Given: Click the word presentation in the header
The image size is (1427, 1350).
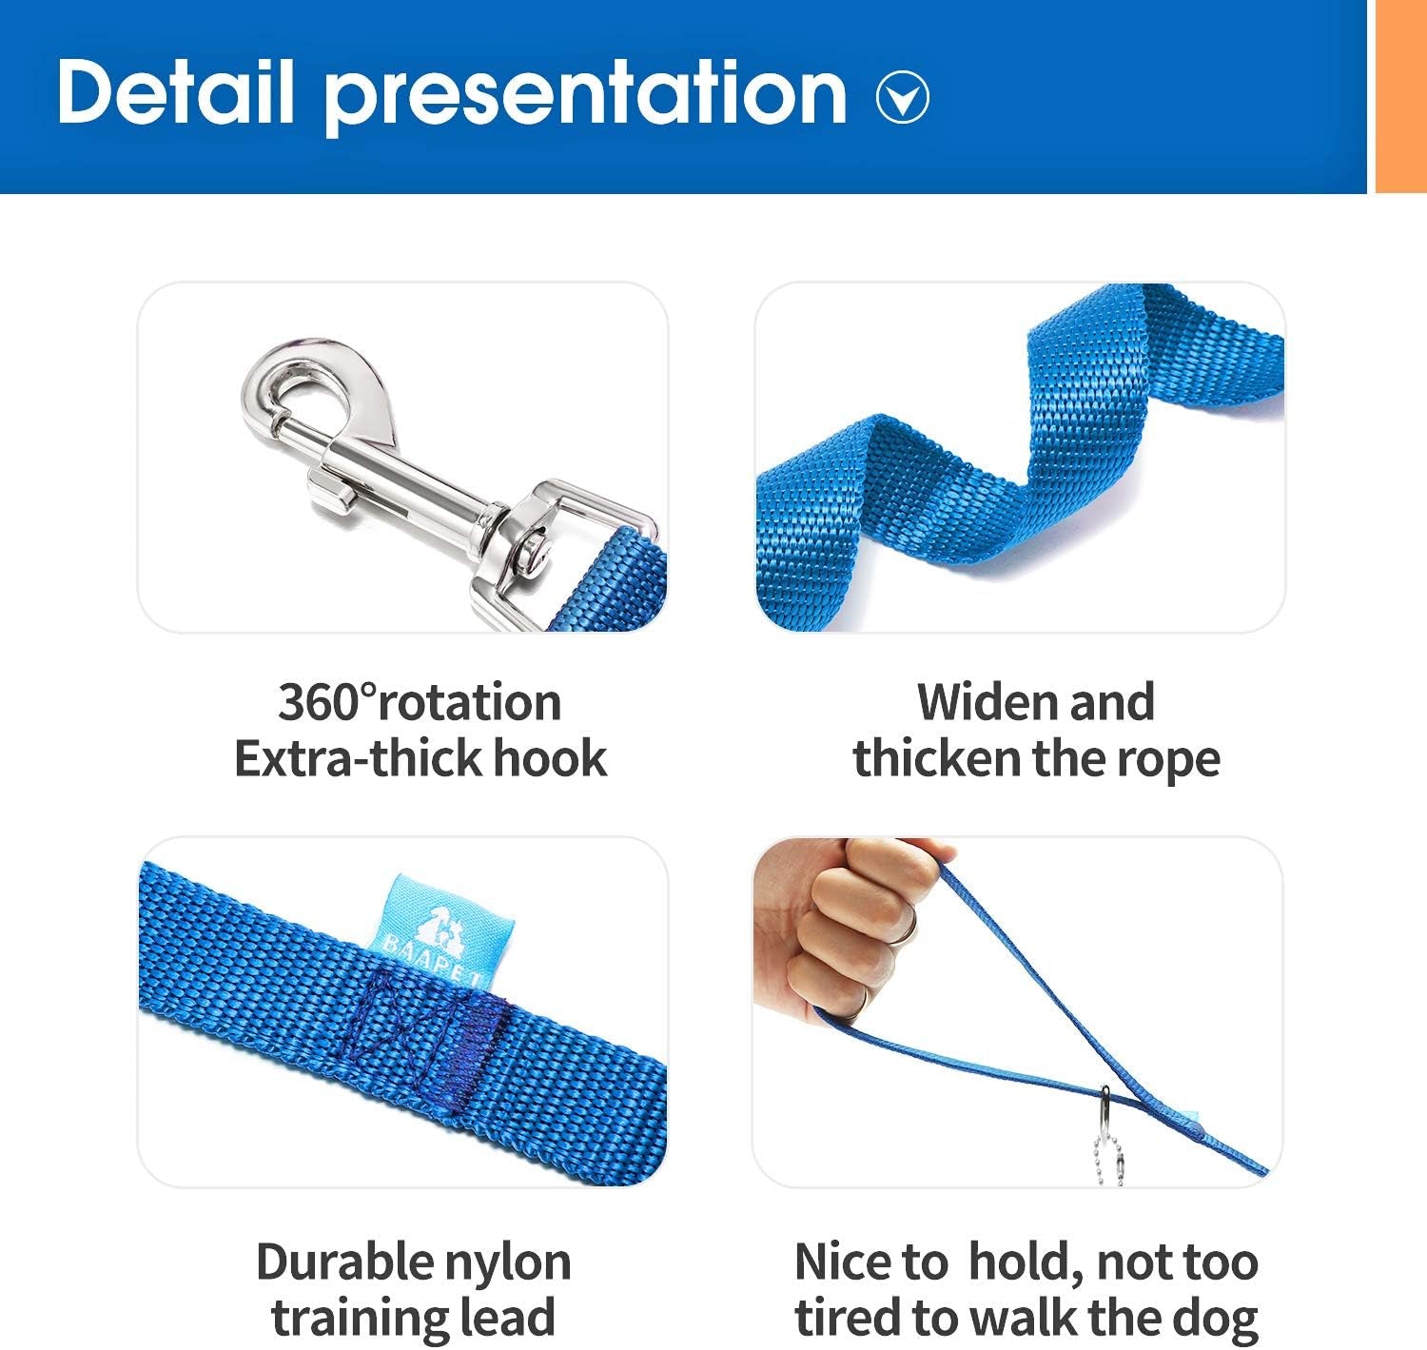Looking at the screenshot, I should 585,95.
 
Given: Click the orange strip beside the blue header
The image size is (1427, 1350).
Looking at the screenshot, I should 1400,95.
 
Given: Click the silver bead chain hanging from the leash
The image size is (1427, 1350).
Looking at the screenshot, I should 1107,1146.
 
